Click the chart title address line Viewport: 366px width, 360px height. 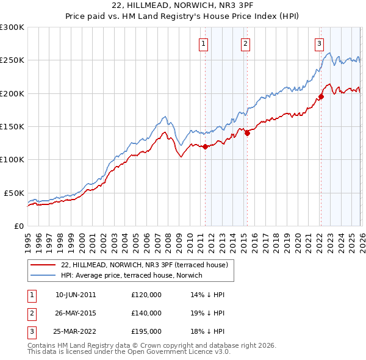point(183,5)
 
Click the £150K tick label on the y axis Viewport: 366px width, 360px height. point(12,126)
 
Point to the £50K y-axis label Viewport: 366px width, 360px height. point(14,193)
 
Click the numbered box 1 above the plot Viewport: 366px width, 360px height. point(203,43)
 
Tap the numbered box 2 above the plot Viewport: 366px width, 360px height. point(245,43)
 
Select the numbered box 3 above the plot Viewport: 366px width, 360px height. point(318,43)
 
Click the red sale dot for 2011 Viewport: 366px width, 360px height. point(205,146)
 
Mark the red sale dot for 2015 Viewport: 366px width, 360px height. point(248,134)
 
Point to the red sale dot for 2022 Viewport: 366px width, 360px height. point(321,96)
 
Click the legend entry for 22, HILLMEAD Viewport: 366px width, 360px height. point(144,265)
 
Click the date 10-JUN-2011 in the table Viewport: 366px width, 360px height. point(75,295)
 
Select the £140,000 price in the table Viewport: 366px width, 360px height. point(146,313)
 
